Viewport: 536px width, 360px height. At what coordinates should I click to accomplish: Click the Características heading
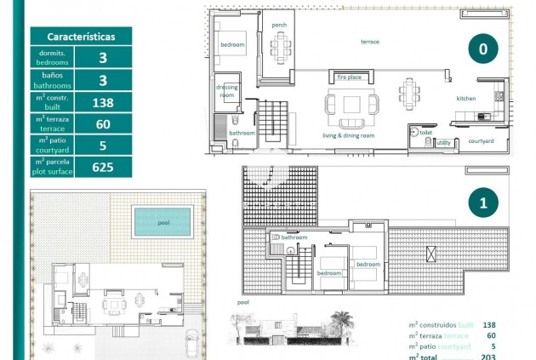81,37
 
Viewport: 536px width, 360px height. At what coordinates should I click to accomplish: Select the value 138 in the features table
103,103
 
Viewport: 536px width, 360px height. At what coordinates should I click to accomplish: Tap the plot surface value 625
103,167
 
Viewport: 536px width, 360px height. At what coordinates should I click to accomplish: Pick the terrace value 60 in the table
103,125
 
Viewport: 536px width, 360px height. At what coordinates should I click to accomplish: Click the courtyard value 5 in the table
103,146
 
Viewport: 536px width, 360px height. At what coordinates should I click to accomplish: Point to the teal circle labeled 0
482,49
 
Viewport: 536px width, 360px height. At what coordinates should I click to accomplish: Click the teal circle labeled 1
482,203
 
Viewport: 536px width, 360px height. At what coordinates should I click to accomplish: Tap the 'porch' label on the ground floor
279,25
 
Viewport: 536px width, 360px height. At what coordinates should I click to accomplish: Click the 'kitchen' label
466,99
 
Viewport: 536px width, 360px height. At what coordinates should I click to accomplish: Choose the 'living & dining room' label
348,135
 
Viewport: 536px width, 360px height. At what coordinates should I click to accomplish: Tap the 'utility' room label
443,143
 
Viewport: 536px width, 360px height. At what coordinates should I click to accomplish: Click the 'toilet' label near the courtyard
425,133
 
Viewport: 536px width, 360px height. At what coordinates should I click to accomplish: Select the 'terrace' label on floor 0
369,42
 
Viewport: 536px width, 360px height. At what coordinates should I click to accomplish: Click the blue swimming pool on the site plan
163,222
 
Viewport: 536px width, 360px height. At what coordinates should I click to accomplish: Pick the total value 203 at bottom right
488,357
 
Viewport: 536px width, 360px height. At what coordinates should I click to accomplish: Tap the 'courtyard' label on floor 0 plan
481,141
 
